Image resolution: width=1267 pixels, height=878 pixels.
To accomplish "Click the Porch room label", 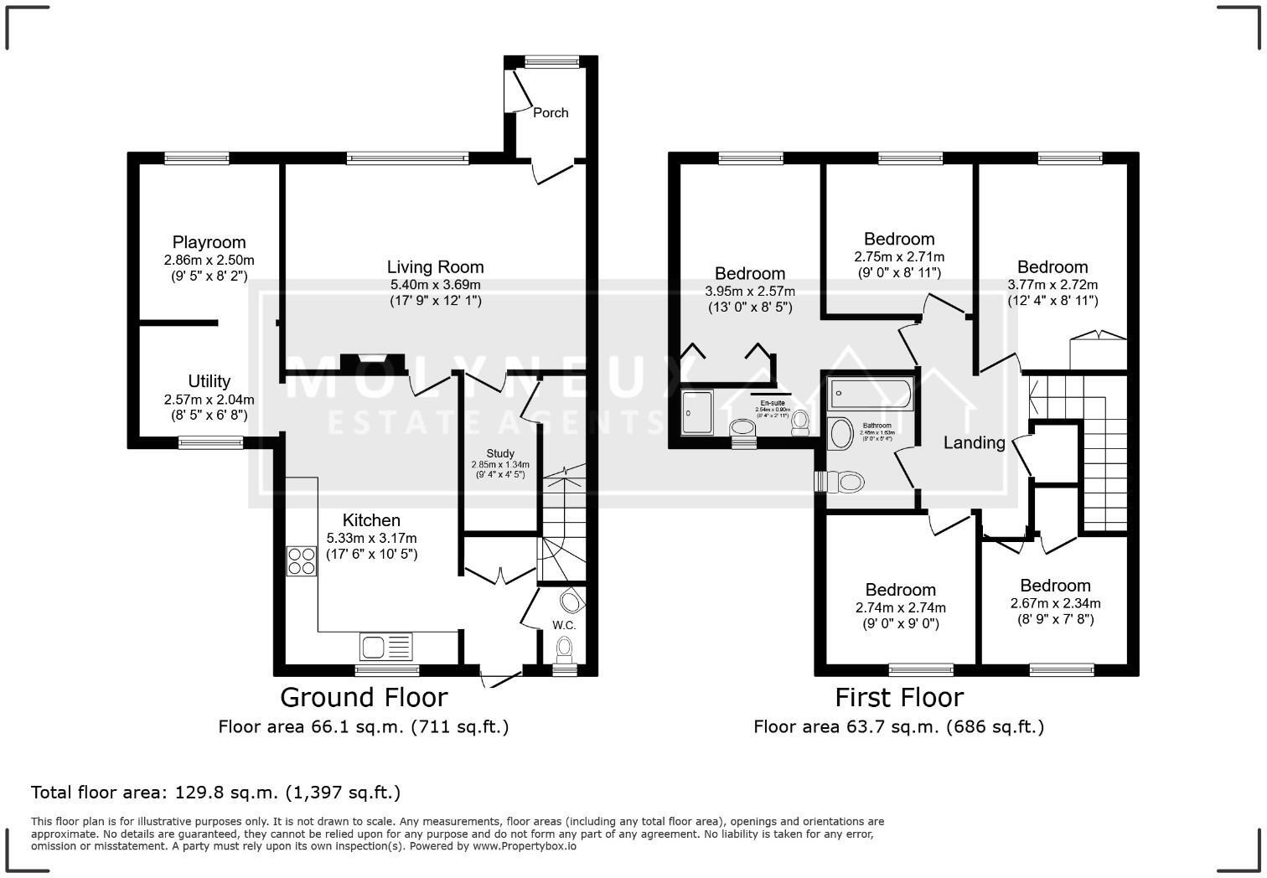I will coord(551,112).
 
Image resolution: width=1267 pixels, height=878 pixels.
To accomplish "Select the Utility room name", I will coord(209,382).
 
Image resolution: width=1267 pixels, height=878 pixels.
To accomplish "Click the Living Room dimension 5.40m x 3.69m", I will coord(435,285).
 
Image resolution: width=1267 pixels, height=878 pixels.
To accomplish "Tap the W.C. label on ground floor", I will coord(564,625).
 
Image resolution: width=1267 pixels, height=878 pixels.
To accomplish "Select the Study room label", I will coord(500,454).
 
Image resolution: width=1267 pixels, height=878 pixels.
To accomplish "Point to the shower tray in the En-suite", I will coord(698,411).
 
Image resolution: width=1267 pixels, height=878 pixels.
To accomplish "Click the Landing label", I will coord(974,442).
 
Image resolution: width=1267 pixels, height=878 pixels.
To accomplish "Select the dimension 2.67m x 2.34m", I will coord(1055,603).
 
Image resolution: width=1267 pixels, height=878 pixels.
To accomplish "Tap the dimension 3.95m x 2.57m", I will coord(750,291).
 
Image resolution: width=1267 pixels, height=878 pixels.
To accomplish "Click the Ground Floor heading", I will coord(364,697).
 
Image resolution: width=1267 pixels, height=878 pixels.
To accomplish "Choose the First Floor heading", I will coord(899,697).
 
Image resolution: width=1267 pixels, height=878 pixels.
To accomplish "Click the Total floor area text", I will coord(215,792).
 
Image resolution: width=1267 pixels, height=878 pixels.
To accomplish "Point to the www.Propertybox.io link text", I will coord(524,846).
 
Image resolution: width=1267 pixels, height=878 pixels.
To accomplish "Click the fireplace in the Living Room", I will coord(373,362).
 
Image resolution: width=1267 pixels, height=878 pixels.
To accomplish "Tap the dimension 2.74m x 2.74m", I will coord(901,607).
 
